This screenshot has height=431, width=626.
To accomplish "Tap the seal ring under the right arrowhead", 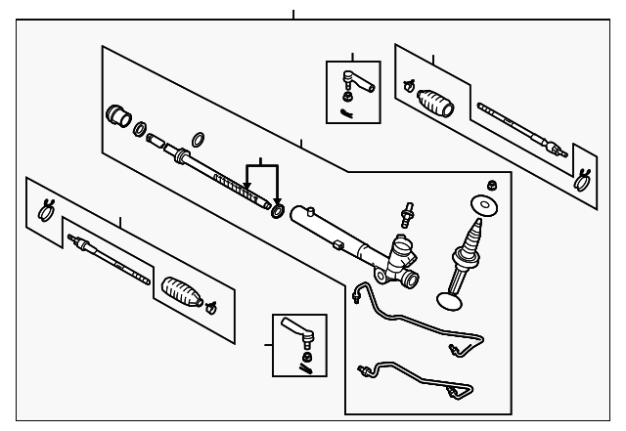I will [x=278, y=210].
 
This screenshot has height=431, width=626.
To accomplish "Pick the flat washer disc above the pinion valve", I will [x=482, y=206].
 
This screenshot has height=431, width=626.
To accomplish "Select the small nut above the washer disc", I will [x=493, y=183].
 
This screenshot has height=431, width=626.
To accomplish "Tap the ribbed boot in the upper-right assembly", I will [x=433, y=102].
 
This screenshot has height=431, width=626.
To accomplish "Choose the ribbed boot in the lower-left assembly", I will [x=183, y=291].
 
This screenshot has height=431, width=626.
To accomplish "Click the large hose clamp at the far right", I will [x=583, y=179].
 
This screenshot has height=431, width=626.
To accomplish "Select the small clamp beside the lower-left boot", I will [x=210, y=309].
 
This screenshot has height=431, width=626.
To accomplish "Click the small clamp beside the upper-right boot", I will [x=407, y=85].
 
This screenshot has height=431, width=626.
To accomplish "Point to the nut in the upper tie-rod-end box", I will [x=348, y=96].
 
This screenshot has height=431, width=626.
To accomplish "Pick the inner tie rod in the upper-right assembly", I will [x=518, y=126].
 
